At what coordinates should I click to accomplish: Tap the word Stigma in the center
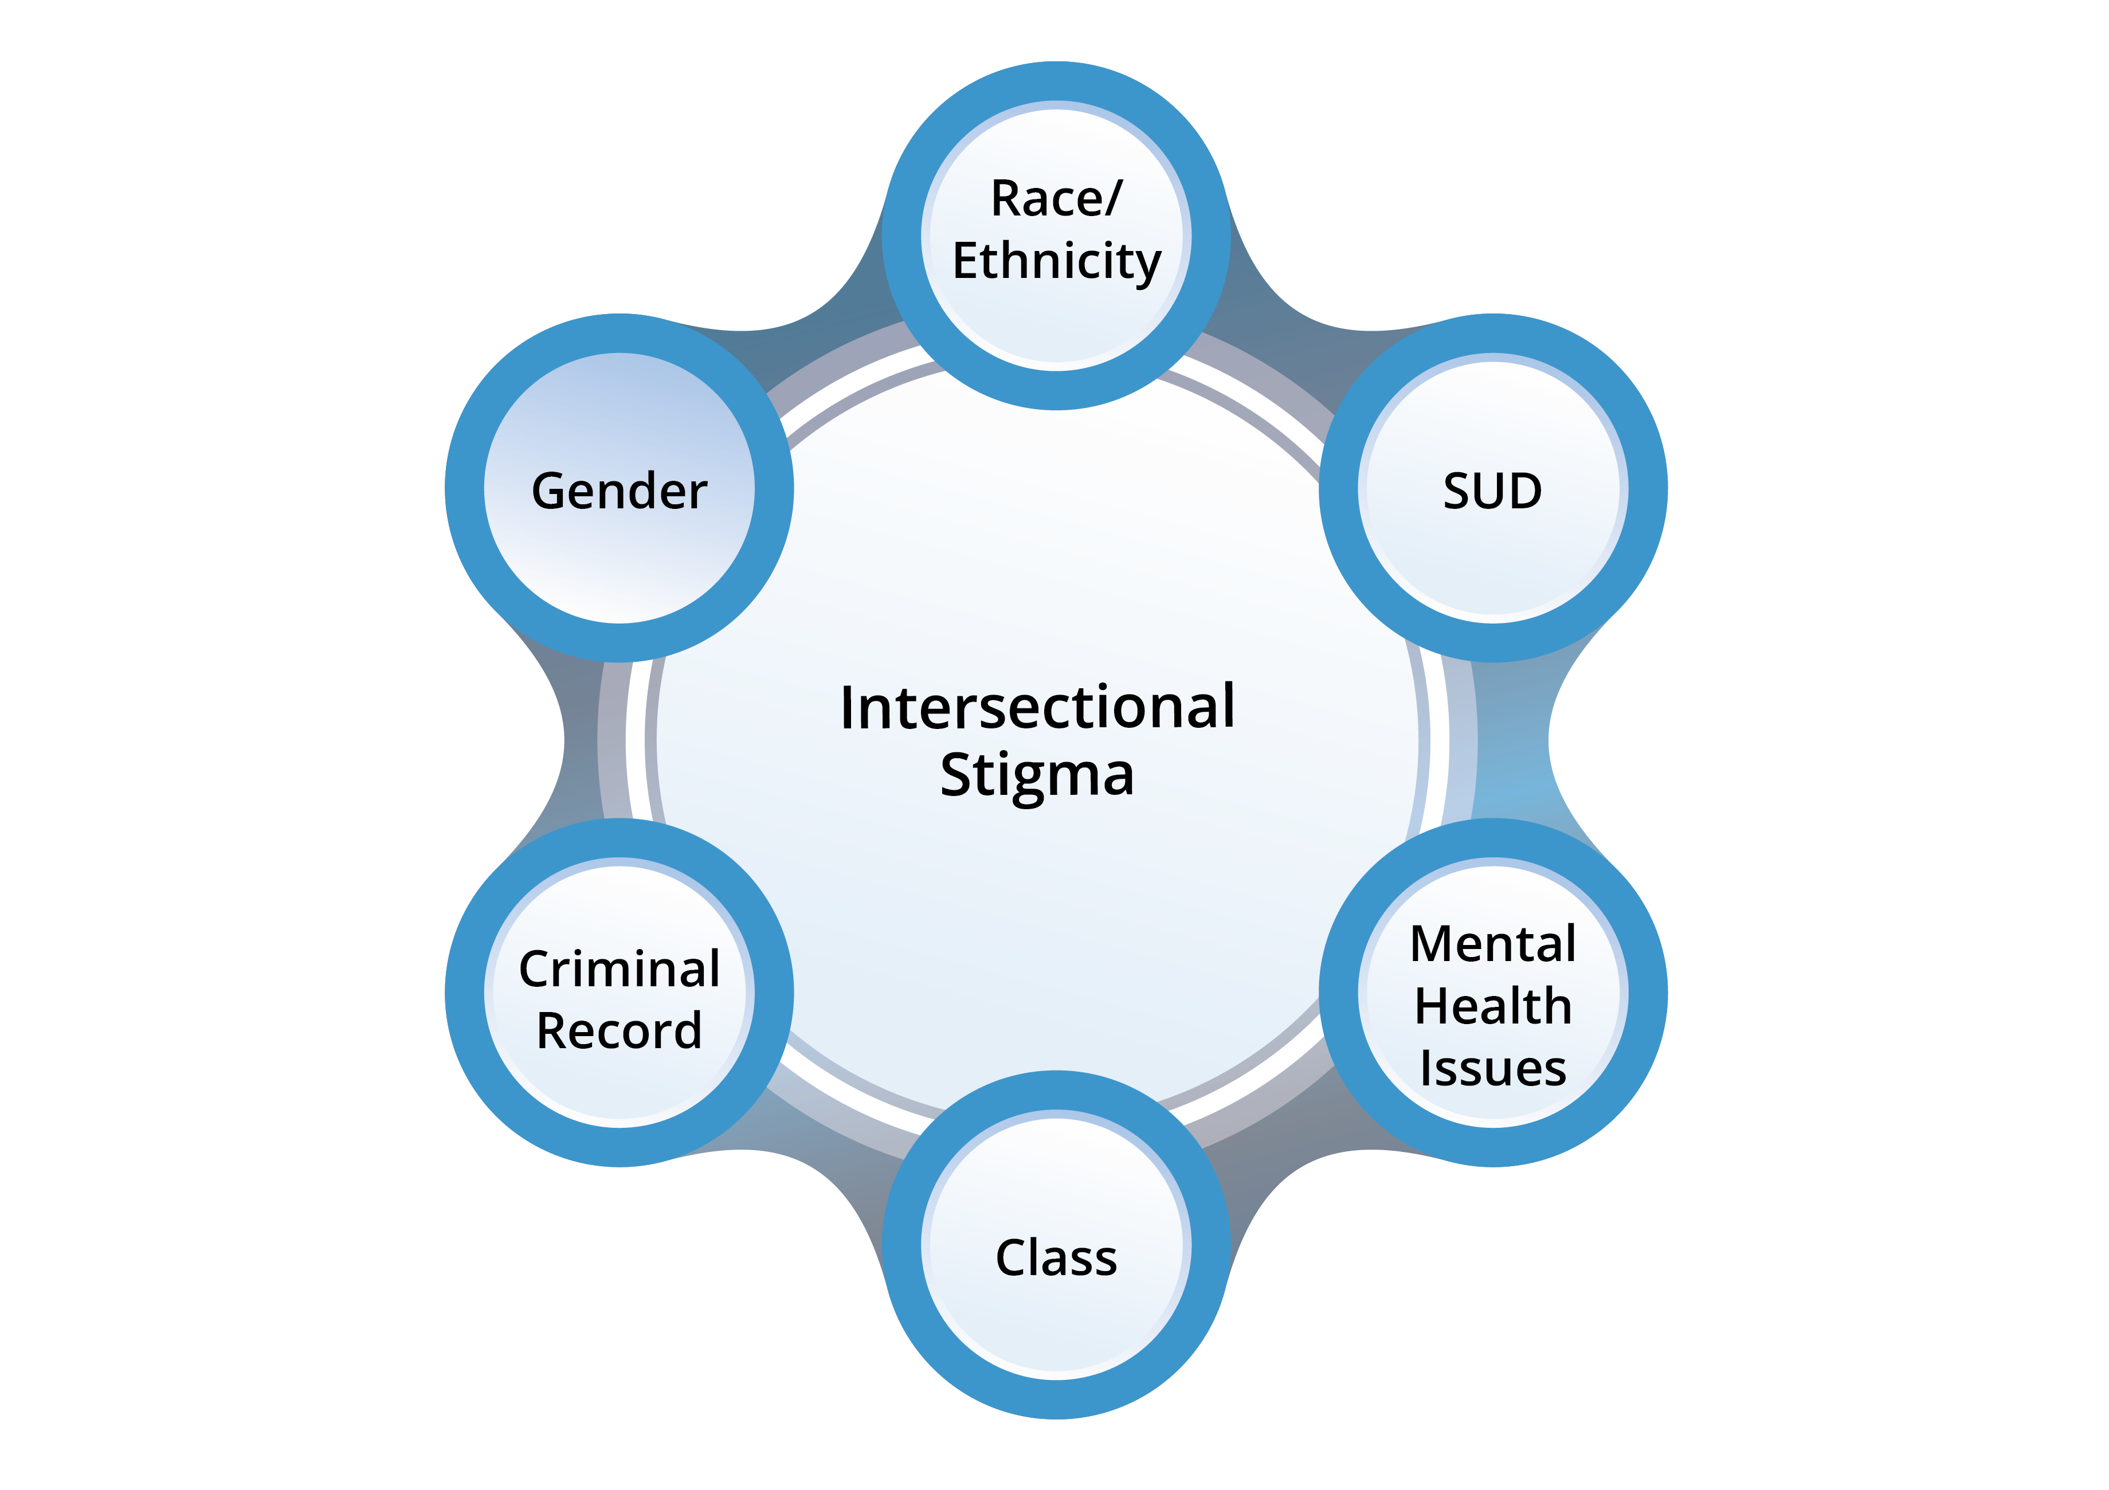pos(1037,774)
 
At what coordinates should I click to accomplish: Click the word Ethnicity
pos(1056,261)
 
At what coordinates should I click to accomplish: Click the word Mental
pos(1493,944)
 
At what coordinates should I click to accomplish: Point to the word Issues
pos(1493,1068)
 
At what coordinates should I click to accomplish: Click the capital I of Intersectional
pos(848,708)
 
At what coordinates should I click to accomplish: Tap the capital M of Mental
pos(1433,944)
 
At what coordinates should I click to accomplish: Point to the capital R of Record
pos(553,1031)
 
